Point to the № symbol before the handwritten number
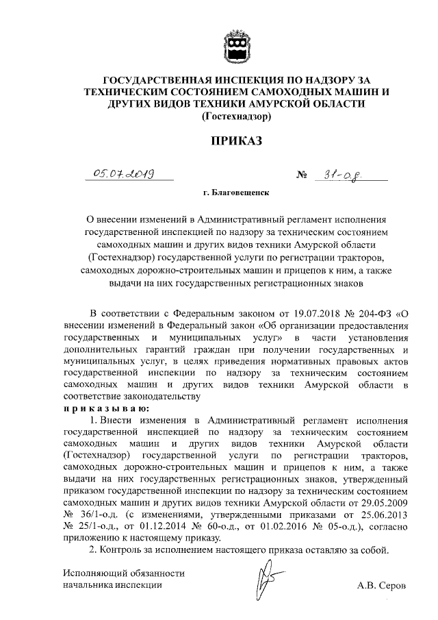301,176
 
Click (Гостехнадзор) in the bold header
236,116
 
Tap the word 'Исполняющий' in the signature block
92,573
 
